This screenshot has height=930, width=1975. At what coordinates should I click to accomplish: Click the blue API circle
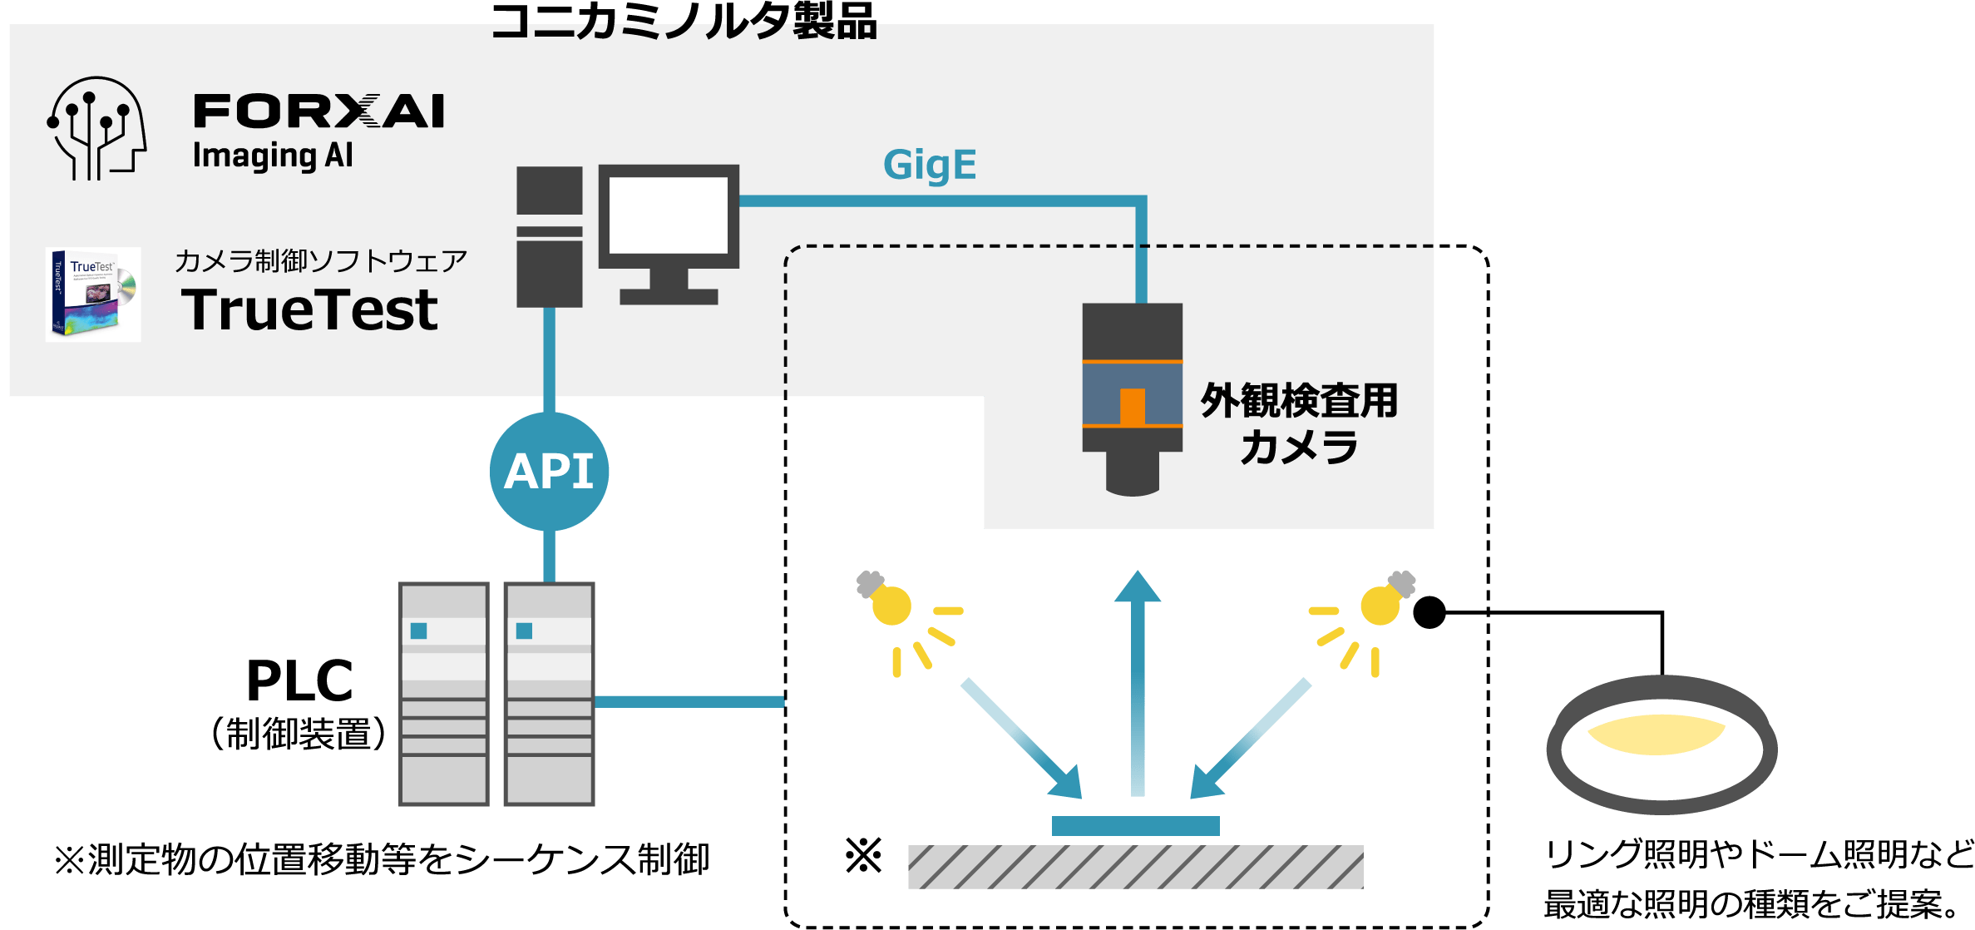coord(549,471)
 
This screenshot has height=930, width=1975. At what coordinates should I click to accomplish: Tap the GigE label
coord(929,166)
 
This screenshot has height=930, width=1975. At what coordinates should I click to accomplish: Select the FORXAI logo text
coord(318,111)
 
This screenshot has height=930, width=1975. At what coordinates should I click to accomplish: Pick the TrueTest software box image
coord(92,294)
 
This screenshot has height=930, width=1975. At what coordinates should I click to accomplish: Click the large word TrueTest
coord(309,309)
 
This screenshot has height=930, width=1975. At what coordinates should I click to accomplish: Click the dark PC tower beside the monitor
coord(549,237)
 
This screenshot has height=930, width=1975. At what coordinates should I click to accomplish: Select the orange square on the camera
coord(1132,406)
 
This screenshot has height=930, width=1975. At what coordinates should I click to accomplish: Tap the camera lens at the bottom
coord(1132,475)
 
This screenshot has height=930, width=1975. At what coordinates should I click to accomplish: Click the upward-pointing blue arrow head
coord(1137,586)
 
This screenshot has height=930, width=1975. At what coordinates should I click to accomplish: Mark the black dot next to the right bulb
coord(1429,613)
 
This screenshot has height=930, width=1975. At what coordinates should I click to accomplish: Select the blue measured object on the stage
coord(1135,825)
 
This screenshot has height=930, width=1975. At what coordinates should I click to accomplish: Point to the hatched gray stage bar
coord(1135,867)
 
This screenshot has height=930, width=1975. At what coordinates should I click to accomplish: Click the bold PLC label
coord(299,681)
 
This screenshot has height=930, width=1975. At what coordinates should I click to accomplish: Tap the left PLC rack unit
coord(444,694)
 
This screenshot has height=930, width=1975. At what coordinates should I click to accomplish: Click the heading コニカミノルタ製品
coord(684,22)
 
